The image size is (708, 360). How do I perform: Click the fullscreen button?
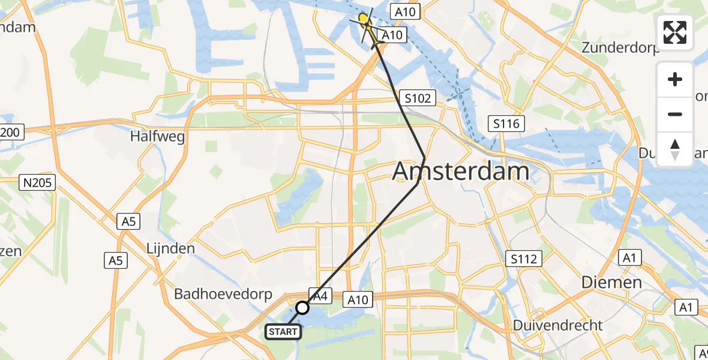point(675,32)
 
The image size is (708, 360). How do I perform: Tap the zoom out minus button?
point(675,114)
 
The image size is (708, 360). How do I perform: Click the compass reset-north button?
point(675,149)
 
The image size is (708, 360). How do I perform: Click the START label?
point(283,331)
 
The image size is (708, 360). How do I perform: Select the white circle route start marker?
point(302,308)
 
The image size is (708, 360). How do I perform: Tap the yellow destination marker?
point(364,19)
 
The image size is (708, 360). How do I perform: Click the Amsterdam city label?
point(461,172)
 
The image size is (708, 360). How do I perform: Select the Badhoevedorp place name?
point(223,295)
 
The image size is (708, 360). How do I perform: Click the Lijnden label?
point(171,248)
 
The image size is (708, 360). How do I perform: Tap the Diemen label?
point(611,282)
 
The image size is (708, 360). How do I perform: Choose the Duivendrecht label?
point(558,325)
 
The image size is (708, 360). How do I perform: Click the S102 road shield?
point(418,98)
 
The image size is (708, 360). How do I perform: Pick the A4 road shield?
point(320,295)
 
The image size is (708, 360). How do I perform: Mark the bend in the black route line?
point(424,158)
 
